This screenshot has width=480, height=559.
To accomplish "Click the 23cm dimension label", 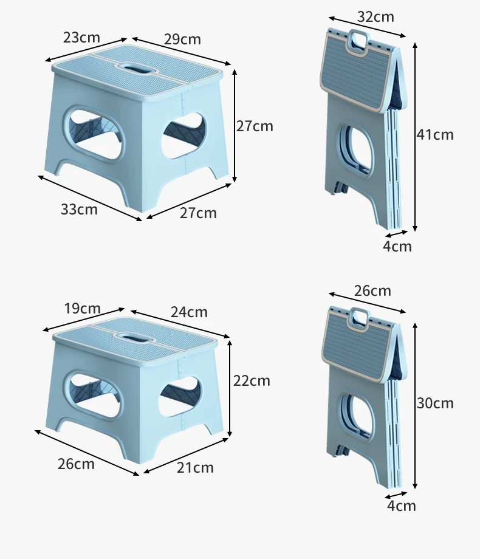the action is point(81,38).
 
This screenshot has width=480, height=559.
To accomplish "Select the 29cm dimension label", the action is point(182,39).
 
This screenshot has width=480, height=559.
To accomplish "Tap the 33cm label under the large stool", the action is point(79,209).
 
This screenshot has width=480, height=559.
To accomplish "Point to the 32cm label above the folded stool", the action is point(375,17).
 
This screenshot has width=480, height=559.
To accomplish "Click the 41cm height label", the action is point(435,135).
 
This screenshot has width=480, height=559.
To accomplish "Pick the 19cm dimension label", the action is point(82,309).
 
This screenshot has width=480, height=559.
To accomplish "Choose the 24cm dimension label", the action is point(189,312).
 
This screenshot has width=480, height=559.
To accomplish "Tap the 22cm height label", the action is point(252,381).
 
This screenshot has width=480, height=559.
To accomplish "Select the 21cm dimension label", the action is point(195,468).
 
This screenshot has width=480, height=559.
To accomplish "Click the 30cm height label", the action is point(435,403).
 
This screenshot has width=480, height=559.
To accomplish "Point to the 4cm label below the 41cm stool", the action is point(397,246).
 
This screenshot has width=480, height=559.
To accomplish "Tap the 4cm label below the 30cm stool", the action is point(402,506).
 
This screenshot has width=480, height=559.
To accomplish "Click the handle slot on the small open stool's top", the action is point(135,336).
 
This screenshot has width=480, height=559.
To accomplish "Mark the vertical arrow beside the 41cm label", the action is point(415,137).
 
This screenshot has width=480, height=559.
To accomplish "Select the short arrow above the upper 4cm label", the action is point(397,234).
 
